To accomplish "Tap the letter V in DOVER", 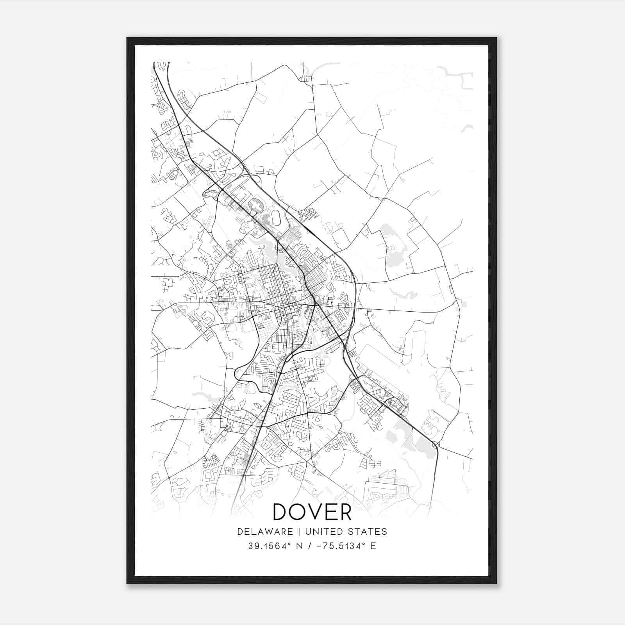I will click(x=312, y=512).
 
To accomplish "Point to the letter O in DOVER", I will click(x=296, y=512).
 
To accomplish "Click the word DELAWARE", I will click(x=264, y=531).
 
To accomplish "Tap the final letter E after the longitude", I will click(x=373, y=546).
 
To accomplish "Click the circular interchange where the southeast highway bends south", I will click(x=436, y=445).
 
